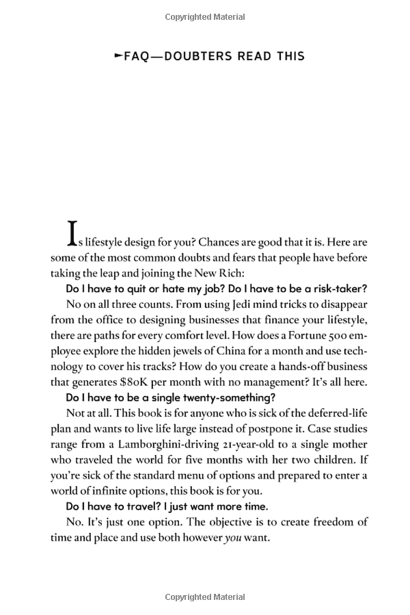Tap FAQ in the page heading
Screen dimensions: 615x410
(x=135, y=56)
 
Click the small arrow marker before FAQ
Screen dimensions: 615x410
(x=118, y=55)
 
